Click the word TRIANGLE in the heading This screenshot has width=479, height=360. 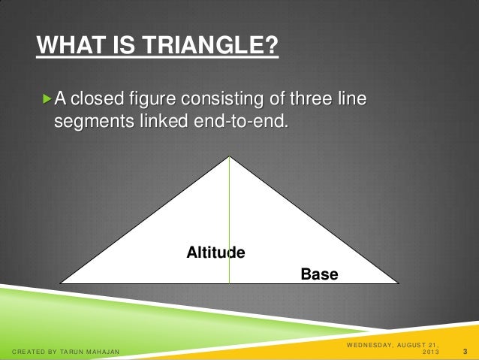(x=216, y=48)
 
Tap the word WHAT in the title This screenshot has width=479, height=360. (x=66, y=48)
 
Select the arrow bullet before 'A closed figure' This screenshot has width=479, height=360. (x=49, y=98)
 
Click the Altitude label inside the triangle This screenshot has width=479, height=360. (x=215, y=252)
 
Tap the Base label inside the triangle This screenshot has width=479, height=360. (x=319, y=274)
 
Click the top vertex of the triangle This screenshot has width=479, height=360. (x=229, y=157)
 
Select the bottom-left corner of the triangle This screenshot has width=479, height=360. (x=62, y=283)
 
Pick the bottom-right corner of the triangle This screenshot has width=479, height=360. (x=396, y=283)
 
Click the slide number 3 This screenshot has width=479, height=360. (x=466, y=351)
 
